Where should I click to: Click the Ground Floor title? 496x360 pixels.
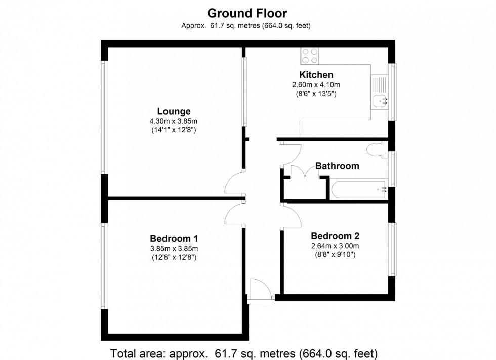coord(247,13)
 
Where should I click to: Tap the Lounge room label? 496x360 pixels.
coord(174,111)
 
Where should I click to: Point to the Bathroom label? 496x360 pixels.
coord(337,166)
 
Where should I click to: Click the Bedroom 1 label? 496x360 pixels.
coord(174,238)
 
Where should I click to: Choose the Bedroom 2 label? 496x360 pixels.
coord(335,236)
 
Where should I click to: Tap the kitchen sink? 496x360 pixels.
coord(379,102)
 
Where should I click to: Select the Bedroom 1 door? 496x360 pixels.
coord(233,214)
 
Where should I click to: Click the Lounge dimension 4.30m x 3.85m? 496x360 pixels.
coord(174,121)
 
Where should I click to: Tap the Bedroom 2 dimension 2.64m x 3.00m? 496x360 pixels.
coord(335,246)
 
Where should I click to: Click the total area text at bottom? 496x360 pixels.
coord(244,352)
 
